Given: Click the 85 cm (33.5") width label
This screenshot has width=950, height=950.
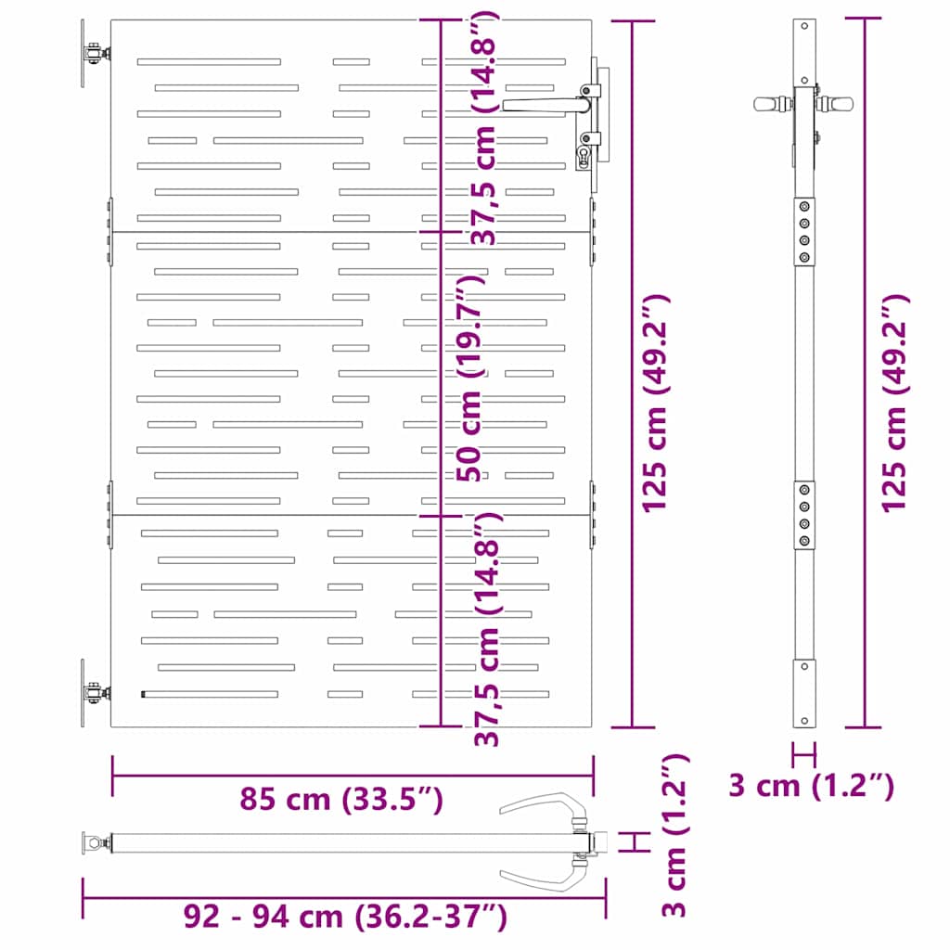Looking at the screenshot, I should [340, 799].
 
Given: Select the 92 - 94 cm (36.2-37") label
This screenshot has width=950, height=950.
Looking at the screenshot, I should [345, 918].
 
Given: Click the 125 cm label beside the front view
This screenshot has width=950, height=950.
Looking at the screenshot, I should [656, 404].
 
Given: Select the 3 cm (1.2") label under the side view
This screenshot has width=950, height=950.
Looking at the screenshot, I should [811, 786].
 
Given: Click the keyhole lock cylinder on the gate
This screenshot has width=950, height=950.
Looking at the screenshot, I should [584, 155].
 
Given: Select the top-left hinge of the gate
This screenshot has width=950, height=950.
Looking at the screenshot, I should [93, 55].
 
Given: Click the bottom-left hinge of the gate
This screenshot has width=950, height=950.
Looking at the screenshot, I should [93, 693].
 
